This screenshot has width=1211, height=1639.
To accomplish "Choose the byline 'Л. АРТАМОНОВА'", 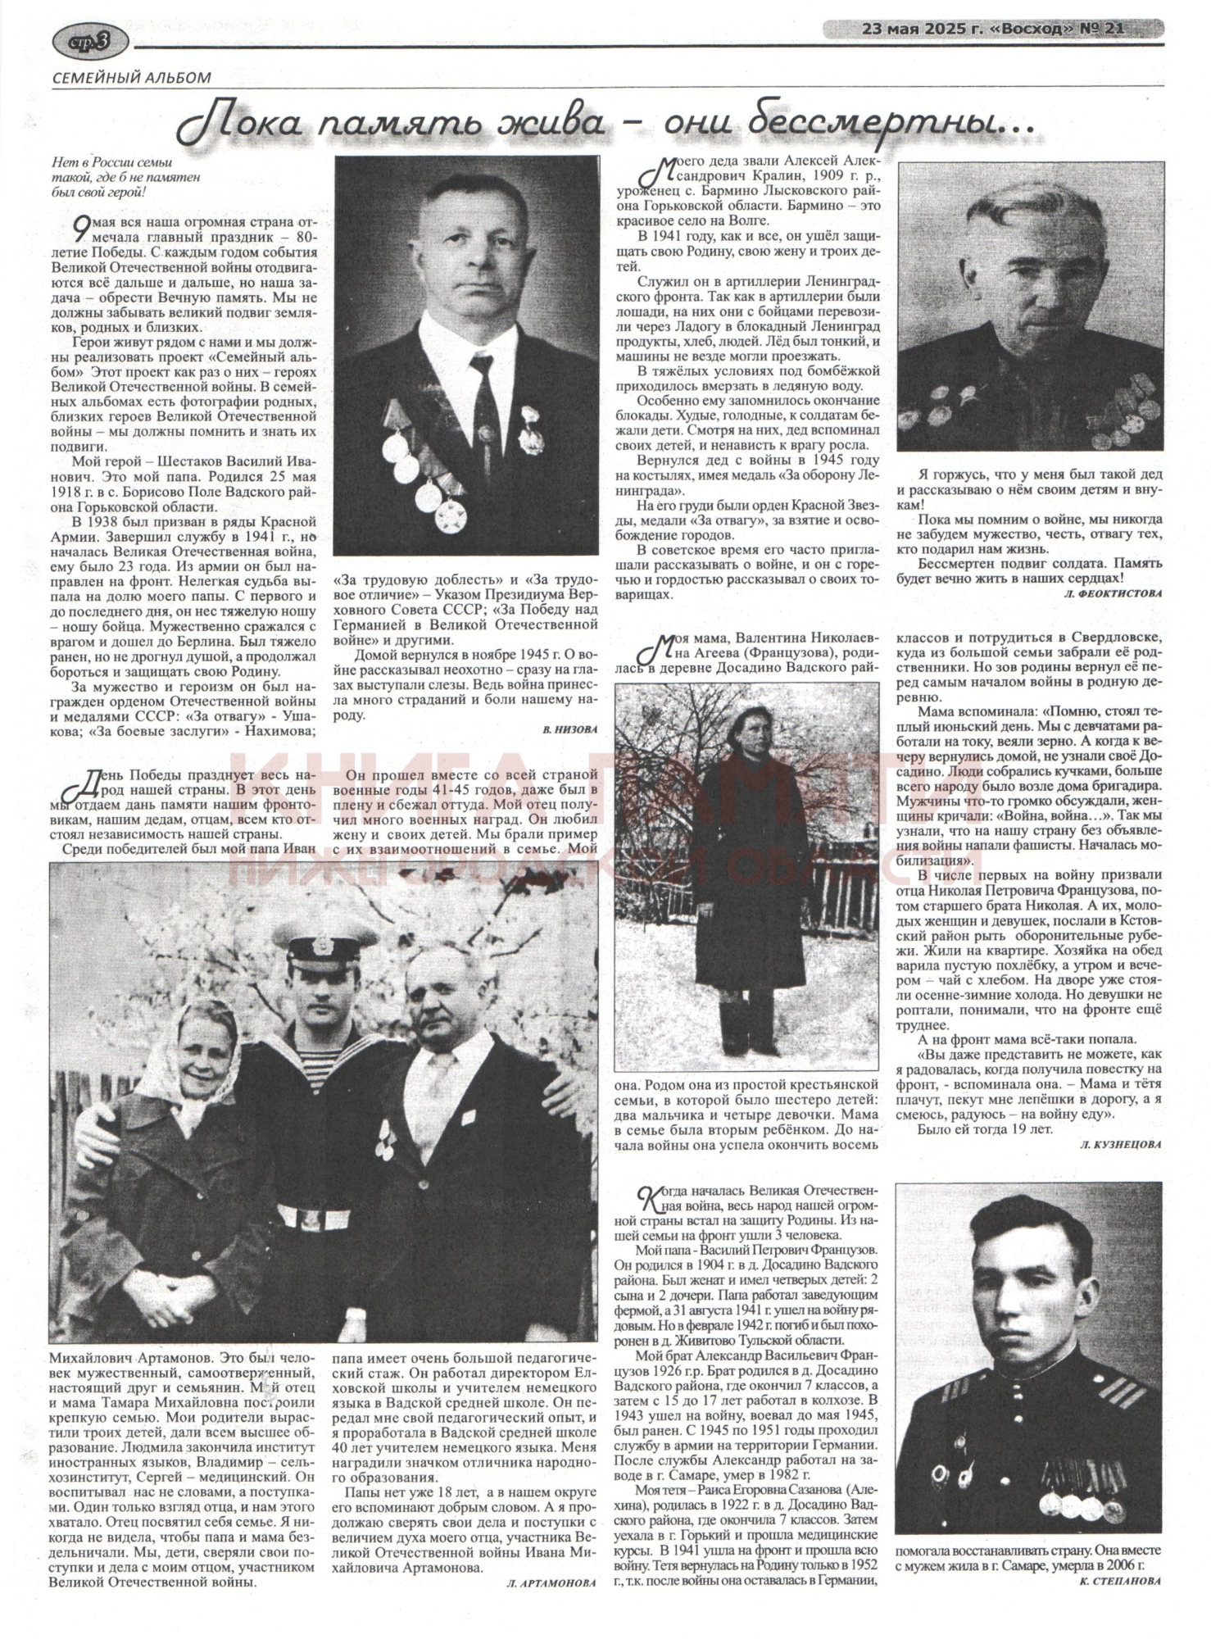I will point(551,1585).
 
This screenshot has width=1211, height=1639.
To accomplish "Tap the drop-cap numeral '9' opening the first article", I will point(79,227).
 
